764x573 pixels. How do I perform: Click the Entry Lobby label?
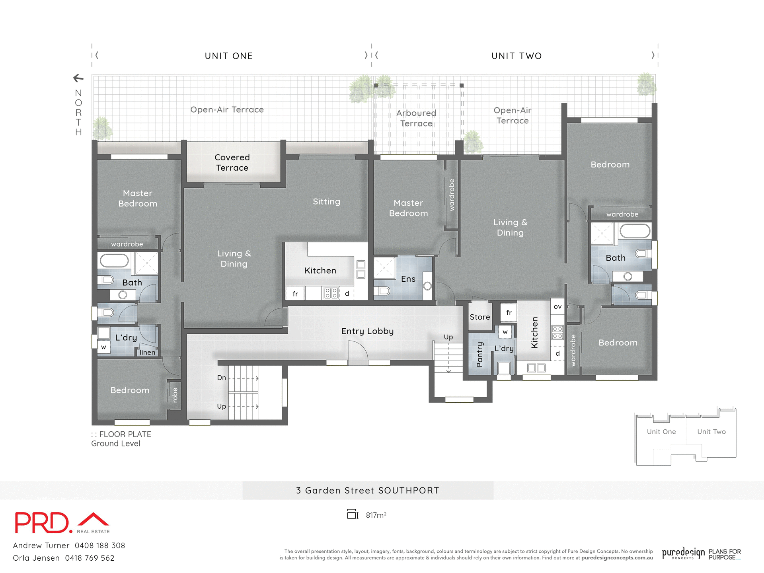(x=367, y=331)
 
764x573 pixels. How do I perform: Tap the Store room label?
(x=479, y=317)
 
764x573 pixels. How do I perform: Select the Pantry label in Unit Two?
(x=479, y=355)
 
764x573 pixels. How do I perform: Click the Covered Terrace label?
(x=232, y=163)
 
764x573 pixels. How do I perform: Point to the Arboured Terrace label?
(x=416, y=118)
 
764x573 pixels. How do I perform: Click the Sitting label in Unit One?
(x=326, y=202)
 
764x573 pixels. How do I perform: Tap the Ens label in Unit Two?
(x=408, y=279)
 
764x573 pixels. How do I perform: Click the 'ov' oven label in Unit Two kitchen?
(x=557, y=306)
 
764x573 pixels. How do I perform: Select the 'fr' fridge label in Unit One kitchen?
(x=295, y=294)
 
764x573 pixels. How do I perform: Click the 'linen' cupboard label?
(x=147, y=353)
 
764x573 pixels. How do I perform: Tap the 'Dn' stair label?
(x=222, y=378)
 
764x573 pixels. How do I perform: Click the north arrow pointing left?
(x=78, y=78)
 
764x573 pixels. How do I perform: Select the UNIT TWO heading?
(x=516, y=56)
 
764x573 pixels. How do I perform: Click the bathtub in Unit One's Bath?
(x=114, y=261)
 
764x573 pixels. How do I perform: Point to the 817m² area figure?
(x=376, y=515)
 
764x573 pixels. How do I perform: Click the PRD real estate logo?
(x=62, y=523)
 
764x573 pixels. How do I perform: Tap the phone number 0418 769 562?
(x=90, y=558)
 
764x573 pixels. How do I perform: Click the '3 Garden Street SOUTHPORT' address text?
(x=367, y=491)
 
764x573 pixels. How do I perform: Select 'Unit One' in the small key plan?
(x=661, y=432)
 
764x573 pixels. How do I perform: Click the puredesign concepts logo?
(x=683, y=553)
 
